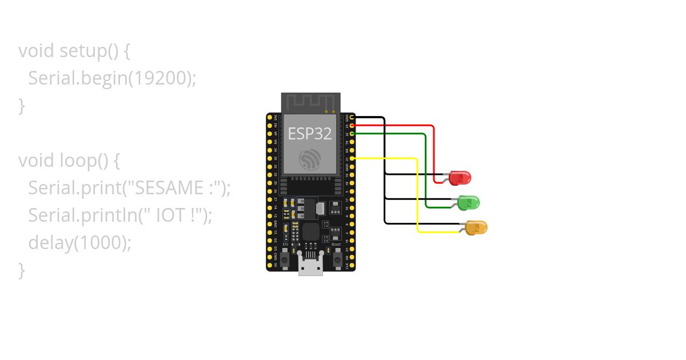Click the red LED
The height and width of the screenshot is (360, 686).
pyautogui.click(x=460, y=178)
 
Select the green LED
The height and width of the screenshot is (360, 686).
pyautogui.click(x=469, y=202)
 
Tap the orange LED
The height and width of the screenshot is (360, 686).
pyautogui.click(x=476, y=227)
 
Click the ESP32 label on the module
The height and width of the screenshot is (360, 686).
pyautogui.click(x=309, y=134)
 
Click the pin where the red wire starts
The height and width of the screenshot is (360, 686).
pyautogui.click(x=352, y=125)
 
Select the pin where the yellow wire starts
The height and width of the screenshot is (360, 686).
pyautogui.click(x=352, y=158)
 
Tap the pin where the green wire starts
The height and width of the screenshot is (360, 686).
pyautogui.click(x=352, y=133)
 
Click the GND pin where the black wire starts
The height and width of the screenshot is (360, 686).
pyautogui.click(x=352, y=117)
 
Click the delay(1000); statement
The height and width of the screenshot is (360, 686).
pyautogui.click(x=80, y=243)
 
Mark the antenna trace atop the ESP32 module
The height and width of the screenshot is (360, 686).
pyautogui.click(x=310, y=103)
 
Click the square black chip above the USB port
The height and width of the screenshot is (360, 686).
pyautogui.click(x=310, y=231)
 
